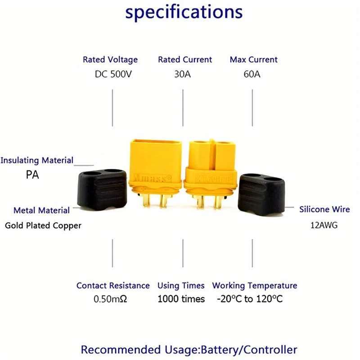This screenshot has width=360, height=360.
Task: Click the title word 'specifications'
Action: tap(184, 13)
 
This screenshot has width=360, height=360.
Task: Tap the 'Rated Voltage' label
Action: tap(110, 59)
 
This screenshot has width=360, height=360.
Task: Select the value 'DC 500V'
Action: tap(113, 74)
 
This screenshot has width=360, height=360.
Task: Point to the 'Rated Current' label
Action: tap(185, 59)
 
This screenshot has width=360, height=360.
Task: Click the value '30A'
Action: tap(182, 74)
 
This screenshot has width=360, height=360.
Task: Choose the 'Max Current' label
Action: tap(254, 59)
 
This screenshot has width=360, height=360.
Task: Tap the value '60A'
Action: tap(252, 74)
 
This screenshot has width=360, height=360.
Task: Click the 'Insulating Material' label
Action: tap(37, 160)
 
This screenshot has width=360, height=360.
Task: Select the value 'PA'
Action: tap(32, 175)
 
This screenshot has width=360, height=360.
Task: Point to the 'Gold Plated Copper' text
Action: tap(43, 225)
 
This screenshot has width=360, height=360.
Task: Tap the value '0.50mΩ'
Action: tap(110, 299)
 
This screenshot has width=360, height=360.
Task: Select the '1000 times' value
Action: tap(181, 299)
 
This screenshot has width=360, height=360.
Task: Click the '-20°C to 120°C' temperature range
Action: tap(250, 299)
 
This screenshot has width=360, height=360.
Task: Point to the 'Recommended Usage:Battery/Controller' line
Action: tap(189, 350)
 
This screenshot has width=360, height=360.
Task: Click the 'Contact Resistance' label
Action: tap(113, 285)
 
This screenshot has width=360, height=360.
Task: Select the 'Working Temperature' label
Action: tap(255, 285)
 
